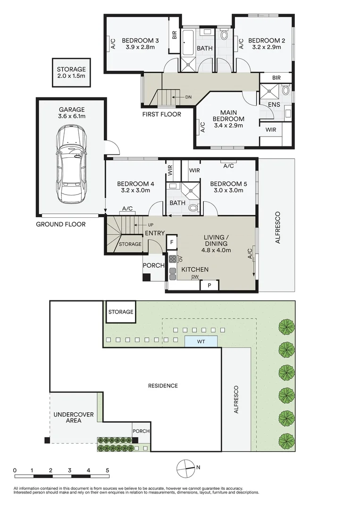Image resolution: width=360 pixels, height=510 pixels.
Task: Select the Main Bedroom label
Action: tap(228, 119)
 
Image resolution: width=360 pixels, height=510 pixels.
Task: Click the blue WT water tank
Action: tap(201, 341)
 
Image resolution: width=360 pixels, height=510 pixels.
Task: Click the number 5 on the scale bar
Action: tap(108, 470)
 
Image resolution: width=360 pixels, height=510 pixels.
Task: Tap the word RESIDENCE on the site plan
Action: tap(163, 386)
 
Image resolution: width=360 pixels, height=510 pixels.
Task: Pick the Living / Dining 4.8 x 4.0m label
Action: tap(217, 244)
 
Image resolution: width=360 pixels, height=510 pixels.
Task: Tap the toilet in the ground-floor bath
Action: tap(193, 207)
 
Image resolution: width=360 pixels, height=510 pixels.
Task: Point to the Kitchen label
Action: tap(195, 270)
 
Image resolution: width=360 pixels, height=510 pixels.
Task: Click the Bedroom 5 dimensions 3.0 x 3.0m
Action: tap(226, 191)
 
